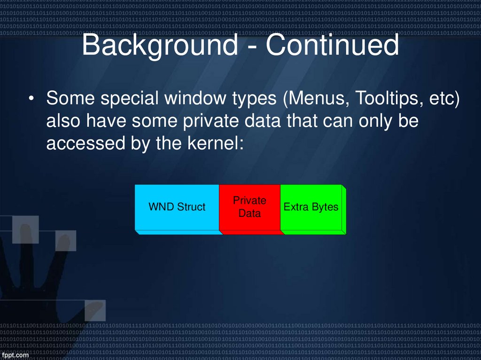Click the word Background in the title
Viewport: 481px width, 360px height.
pos(160,46)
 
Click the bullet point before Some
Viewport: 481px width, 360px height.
pos(31,100)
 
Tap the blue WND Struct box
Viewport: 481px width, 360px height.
pos(177,207)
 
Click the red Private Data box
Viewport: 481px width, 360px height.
pos(249,207)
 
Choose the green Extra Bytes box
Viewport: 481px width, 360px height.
pos(311,207)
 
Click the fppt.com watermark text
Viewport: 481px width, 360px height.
pos(15,355)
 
